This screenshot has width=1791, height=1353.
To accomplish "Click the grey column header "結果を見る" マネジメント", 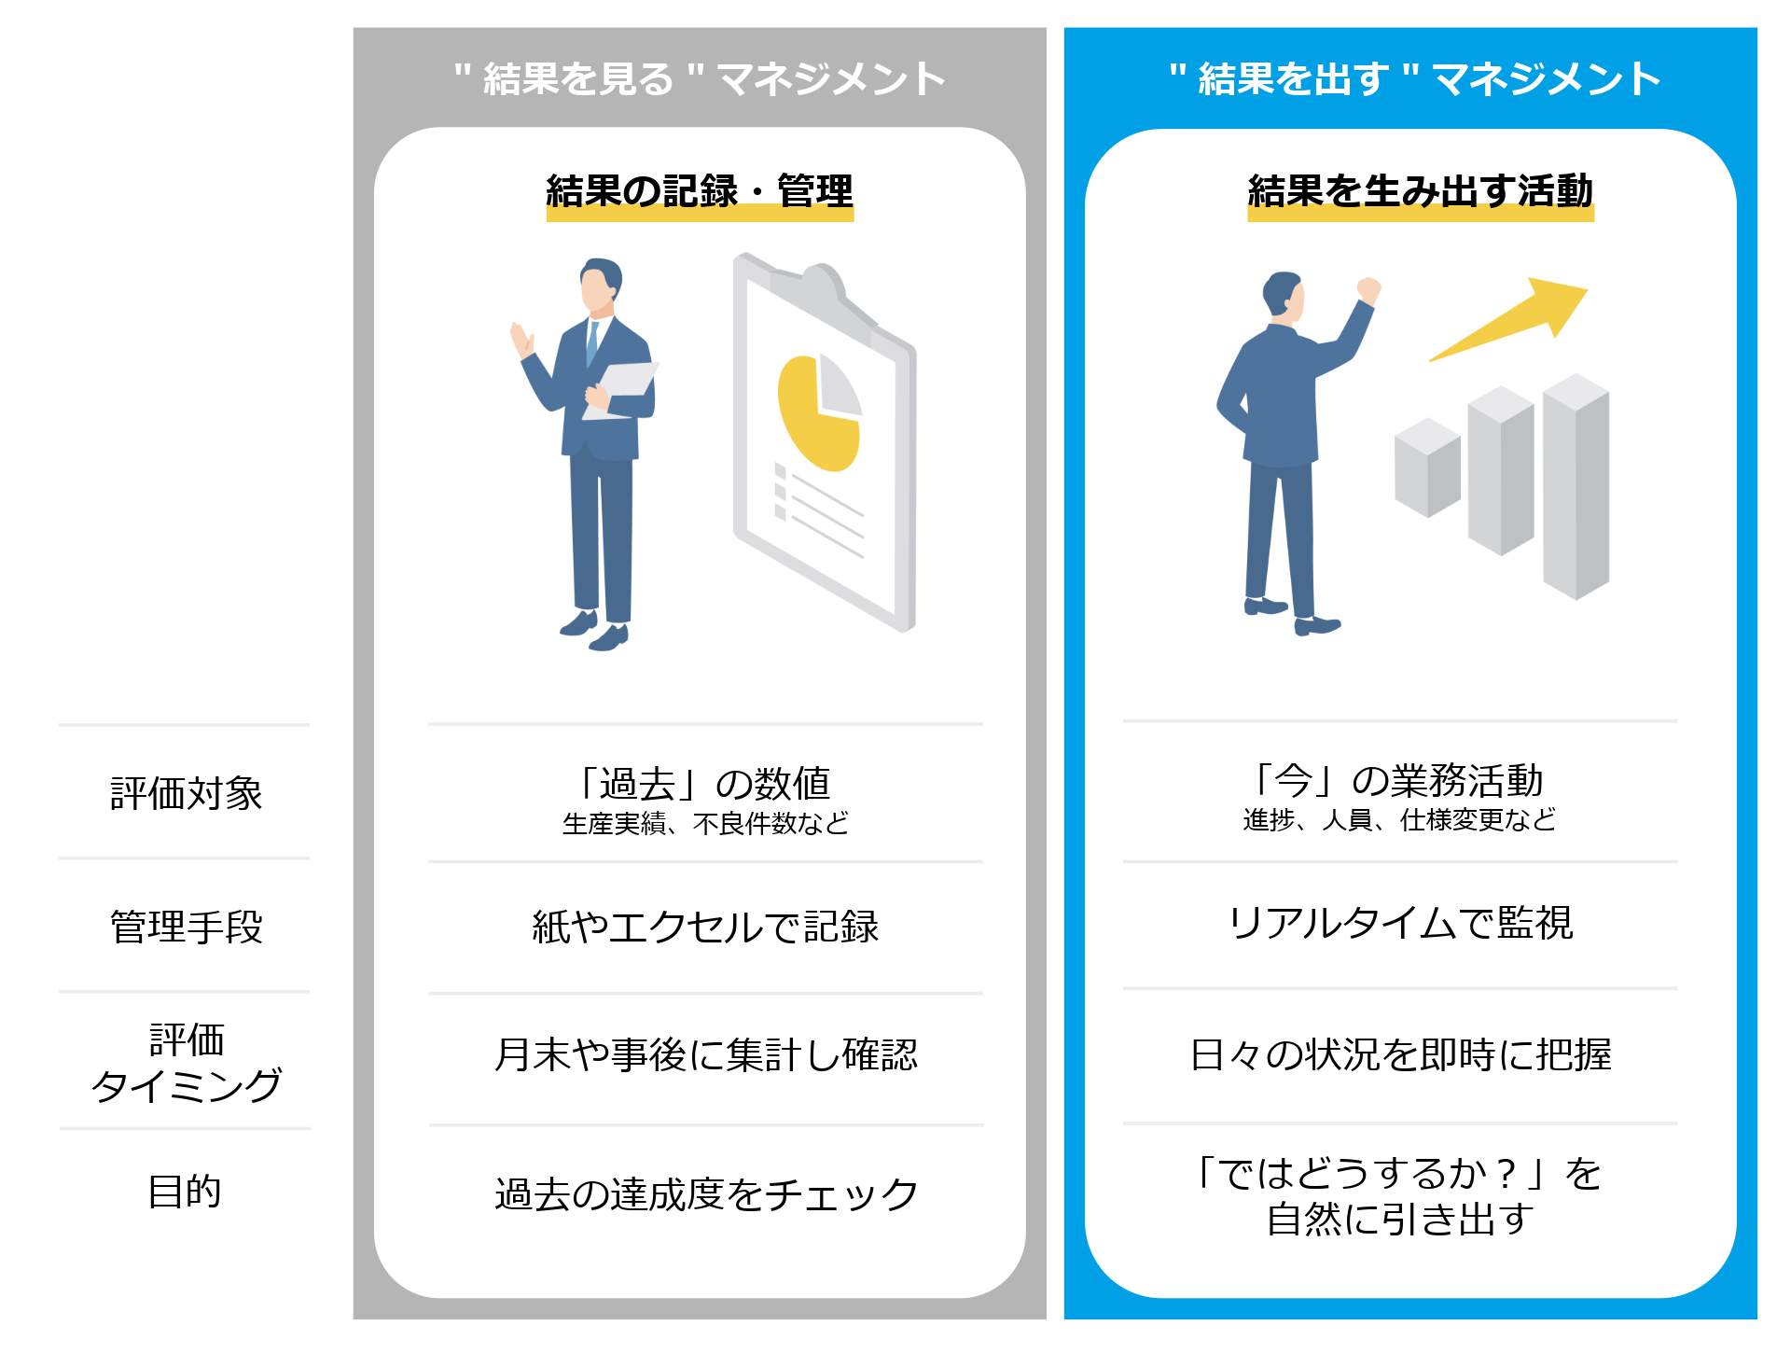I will [700, 78].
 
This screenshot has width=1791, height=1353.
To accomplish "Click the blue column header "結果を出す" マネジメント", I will [1414, 78].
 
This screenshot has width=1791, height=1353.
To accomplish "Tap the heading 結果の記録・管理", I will [700, 191].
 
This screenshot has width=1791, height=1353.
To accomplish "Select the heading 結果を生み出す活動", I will [1420, 191].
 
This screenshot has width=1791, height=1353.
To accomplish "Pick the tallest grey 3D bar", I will [1576, 485].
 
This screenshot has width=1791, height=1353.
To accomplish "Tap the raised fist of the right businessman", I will [1368, 290].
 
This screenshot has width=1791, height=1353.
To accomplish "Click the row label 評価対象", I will [186, 793].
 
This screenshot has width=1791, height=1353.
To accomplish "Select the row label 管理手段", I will [186, 927].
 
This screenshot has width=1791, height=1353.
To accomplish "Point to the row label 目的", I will [185, 1192].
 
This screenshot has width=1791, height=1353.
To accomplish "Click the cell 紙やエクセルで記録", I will [705, 927].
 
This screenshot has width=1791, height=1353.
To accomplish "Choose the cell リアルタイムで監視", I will [1400, 924].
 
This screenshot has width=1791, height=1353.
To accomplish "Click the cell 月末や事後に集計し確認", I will [705, 1055].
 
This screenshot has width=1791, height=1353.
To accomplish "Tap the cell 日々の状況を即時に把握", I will [1400, 1055].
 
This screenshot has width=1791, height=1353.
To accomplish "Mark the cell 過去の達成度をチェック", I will [705, 1194].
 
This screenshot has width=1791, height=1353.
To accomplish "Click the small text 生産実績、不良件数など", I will [705, 824].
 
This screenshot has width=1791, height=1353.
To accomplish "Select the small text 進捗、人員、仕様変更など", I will [1399, 820].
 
